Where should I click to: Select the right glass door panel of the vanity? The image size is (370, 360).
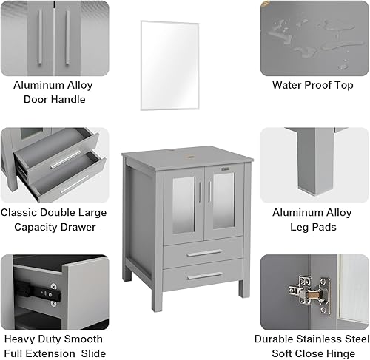(x=223, y=205)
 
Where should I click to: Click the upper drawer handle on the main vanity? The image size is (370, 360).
(x=204, y=253)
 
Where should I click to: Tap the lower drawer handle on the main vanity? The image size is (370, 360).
(x=204, y=276)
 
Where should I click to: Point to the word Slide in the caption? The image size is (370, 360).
(x=93, y=354)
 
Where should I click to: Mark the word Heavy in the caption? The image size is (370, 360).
(x=19, y=339)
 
